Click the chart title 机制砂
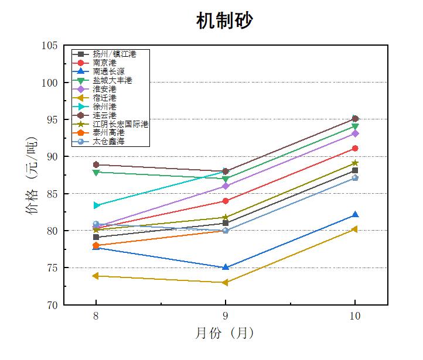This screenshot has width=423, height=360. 224,20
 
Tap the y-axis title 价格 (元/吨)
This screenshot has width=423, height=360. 33,176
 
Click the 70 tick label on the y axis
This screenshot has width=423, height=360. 52,305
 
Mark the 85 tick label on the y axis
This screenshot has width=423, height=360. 52,194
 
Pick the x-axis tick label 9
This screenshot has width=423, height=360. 226,316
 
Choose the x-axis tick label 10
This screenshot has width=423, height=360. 354,316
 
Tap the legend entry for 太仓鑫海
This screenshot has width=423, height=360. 108,142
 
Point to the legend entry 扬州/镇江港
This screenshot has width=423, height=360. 114,53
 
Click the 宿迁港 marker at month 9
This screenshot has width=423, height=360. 226,283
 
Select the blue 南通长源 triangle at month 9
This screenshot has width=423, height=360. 226,267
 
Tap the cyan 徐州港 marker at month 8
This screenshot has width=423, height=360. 96,205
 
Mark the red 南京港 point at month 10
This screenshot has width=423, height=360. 355,148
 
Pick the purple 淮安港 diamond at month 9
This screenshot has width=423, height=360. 226,186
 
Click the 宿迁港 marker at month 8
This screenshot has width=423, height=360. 96,276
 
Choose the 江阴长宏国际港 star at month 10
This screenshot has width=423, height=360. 355,163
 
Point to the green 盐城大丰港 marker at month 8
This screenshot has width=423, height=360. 96,172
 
